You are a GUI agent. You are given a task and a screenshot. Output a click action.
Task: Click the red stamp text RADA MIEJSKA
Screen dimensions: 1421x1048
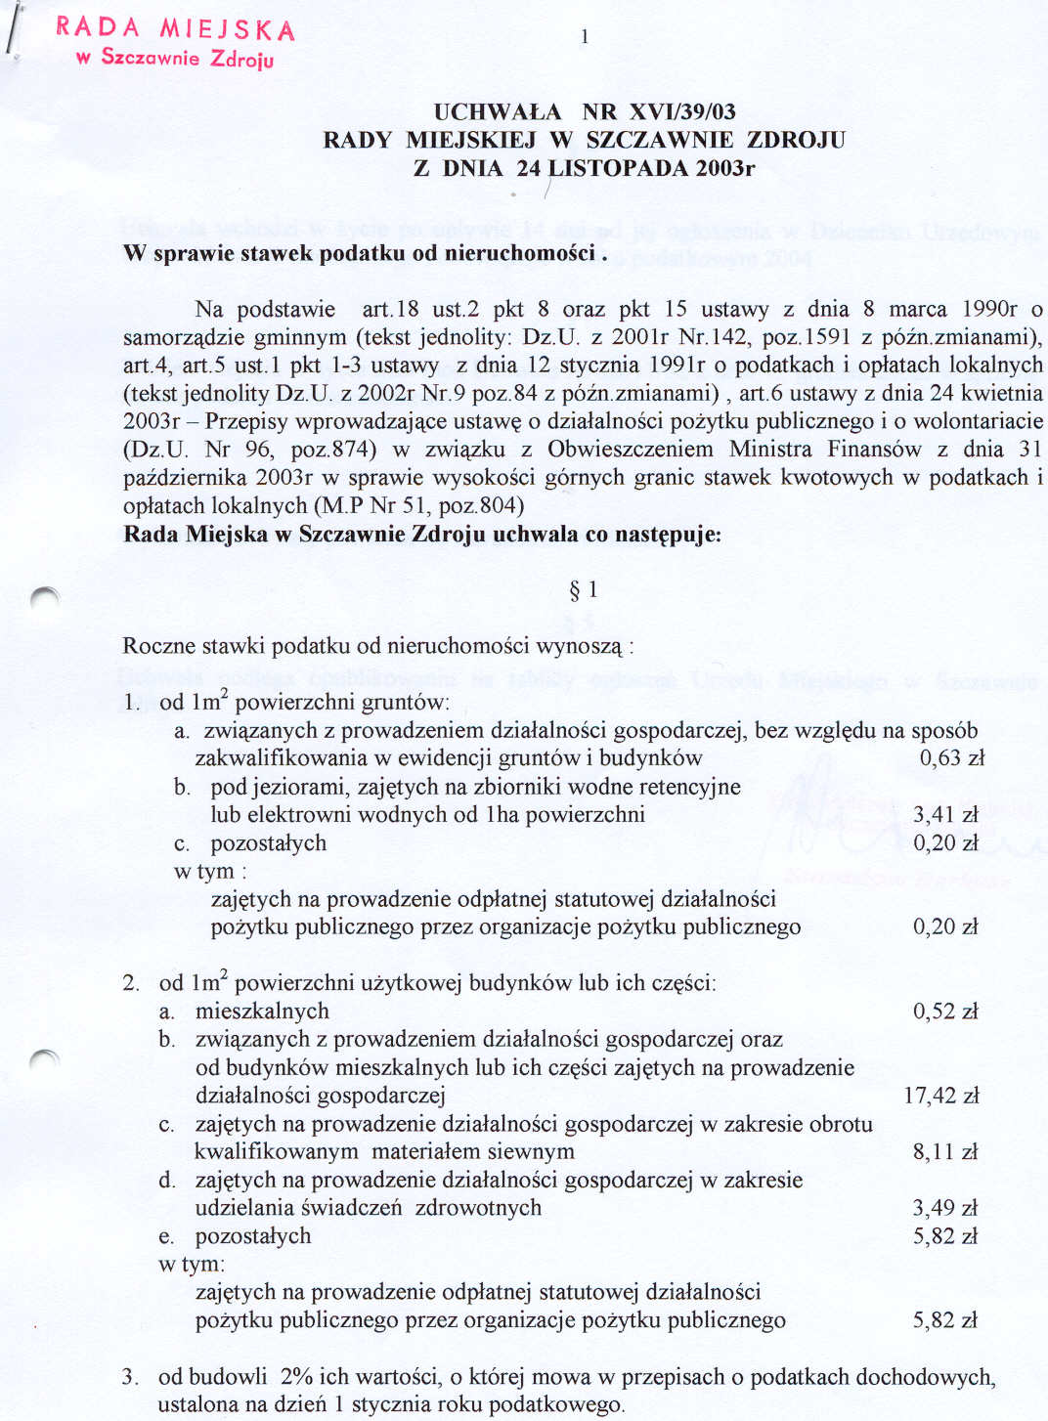click(x=175, y=28)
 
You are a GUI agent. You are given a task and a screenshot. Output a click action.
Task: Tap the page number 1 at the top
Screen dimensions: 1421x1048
click(x=584, y=37)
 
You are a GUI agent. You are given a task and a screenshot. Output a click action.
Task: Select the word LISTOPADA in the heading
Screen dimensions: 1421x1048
click(x=618, y=168)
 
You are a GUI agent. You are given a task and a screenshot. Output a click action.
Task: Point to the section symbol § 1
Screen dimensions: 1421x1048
click(x=583, y=589)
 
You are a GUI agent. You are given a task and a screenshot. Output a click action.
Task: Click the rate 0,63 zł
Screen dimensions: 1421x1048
click(x=951, y=758)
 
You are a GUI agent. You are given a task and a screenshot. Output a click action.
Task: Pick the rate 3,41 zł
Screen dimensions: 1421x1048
click(x=944, y=815)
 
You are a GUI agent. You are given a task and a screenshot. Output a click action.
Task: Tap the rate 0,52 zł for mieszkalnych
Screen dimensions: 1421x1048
click(x=944, y=1012)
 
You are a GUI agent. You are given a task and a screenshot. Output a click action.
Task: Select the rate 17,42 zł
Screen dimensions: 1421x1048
click(x=940, y=1096)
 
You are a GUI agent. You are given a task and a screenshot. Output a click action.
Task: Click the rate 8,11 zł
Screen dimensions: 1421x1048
click(x=944, y=1152)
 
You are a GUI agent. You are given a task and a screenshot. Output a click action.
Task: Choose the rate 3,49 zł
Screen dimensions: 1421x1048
click(x=944, y=1208)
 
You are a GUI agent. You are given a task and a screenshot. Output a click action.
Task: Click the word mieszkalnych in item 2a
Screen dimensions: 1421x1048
click(x=262, y=1012)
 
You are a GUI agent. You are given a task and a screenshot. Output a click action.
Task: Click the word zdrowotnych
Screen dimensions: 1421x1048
click(x=478, y=1208)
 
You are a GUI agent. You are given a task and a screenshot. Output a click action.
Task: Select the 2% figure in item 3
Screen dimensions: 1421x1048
click(x=296, y=1377)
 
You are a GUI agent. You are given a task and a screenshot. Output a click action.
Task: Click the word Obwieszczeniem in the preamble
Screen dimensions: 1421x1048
click(x=631, y=450)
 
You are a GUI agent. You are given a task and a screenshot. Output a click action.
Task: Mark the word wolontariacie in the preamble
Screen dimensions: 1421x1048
click(x=981, y=421)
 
